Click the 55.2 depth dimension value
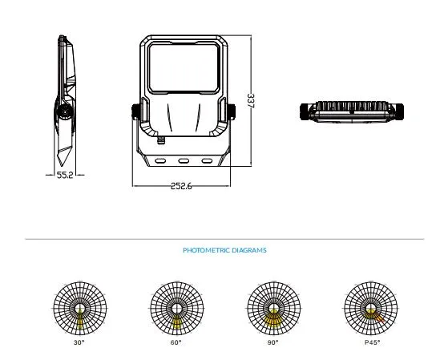click(65, 175)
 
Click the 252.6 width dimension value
click(182, 186)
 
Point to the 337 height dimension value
click(250, 100)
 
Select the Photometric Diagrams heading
click(224, 250)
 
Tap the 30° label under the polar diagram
click(79, 342)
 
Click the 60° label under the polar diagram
click(176, 342)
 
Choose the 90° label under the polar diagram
click(273, 342)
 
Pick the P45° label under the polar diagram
click(373, 342)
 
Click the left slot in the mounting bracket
click(160, 161)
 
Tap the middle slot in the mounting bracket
click(184, 161)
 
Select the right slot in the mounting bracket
click(207, 161)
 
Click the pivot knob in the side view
click(65, 112)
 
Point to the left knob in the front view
click(135, 111)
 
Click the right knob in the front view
click(232, 111)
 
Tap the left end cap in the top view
click(305, 111)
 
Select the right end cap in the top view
click(399, 111)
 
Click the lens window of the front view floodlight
click(184, 67)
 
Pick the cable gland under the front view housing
click(161, 140)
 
